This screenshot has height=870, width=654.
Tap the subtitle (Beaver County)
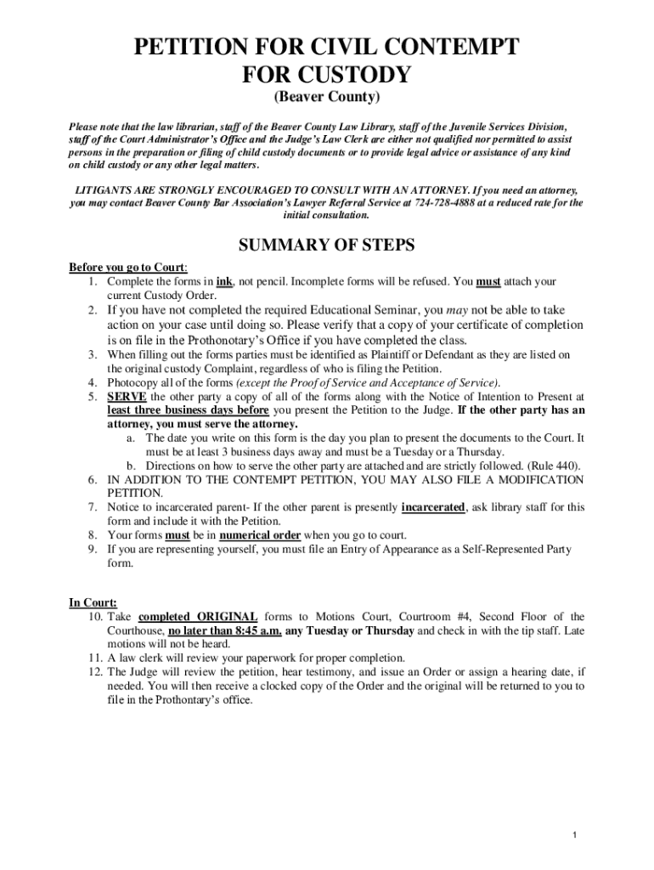tap(326, 99)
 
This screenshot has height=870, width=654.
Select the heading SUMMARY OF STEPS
tap(326, 246)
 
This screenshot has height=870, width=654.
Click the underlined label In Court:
tap(93, 602)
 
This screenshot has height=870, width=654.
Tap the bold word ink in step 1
tap(224, 281)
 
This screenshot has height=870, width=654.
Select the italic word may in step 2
tap(458, 310)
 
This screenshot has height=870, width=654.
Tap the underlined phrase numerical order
tap(260, 535)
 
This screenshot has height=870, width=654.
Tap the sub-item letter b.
tap(132, 466)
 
